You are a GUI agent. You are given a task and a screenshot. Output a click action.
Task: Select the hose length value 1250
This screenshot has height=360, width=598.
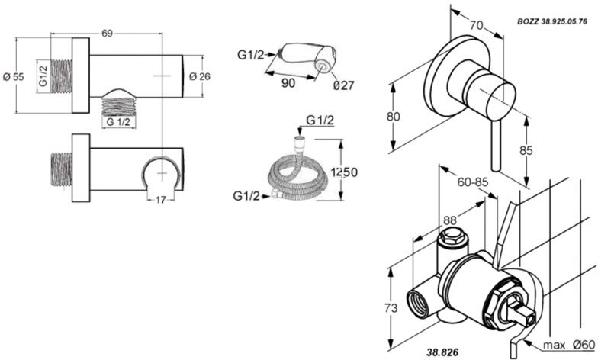tap(345, 173)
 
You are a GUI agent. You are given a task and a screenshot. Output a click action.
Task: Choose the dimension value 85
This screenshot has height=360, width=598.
tap(526, 151)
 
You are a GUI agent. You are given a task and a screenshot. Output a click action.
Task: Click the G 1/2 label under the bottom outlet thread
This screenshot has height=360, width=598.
tap(119, 121)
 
